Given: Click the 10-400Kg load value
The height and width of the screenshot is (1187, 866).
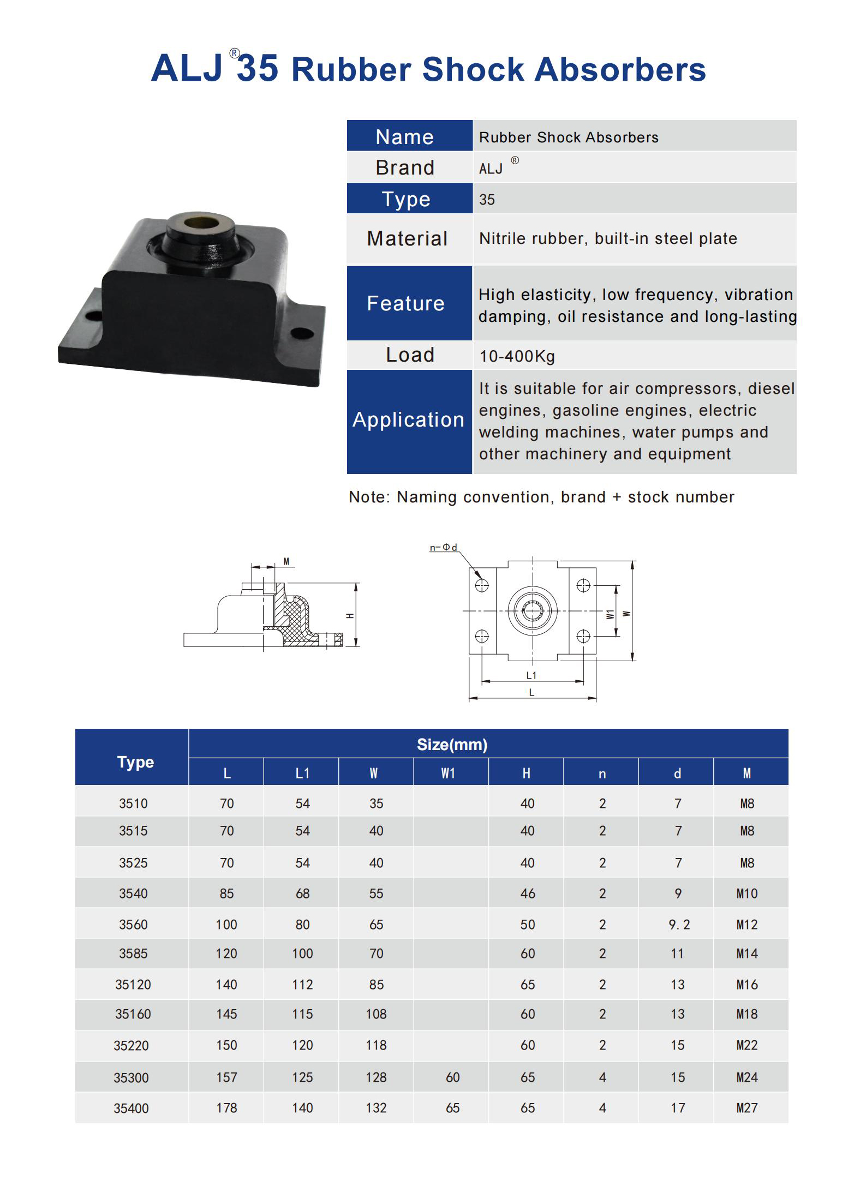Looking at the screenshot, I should (517, 356).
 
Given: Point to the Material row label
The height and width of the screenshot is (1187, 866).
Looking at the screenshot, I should (407, 239).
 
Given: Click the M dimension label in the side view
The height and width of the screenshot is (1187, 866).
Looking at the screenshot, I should (286, 562).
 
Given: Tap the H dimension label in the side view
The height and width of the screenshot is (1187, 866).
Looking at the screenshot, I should (350, 616).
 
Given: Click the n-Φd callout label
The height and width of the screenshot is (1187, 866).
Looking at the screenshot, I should (443, 547).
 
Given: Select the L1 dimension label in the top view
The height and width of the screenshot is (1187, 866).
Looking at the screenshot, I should (531, 675).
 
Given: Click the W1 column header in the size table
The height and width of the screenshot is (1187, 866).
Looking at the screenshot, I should (449, 774).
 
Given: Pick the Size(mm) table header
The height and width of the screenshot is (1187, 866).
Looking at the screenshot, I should (452, 745).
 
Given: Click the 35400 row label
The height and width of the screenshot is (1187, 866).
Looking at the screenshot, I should (131, 1108).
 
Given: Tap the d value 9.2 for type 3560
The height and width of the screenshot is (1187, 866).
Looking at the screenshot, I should (679, 925).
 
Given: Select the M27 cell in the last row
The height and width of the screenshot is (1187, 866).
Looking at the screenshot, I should (746, 1108).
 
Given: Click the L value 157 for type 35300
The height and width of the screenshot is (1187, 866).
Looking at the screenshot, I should (226, 1077).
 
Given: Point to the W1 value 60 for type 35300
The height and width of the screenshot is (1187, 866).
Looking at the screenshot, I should (452, 1077).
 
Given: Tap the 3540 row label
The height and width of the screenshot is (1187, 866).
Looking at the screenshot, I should (133, 894).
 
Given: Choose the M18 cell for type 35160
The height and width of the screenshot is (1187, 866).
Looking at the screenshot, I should (746, 1014).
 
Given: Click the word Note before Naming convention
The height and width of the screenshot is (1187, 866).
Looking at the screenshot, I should (368, 497).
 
